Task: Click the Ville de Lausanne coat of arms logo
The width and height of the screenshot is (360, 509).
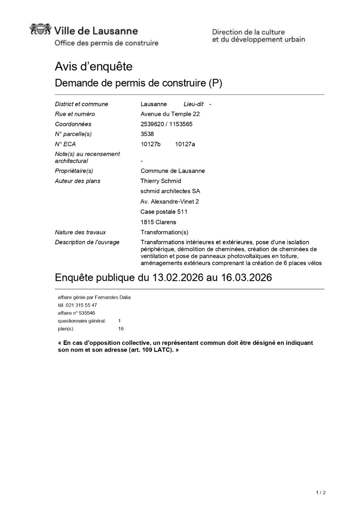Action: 40,30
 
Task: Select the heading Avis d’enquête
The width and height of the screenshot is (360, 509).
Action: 94,66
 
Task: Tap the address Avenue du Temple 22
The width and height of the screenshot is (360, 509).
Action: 170,114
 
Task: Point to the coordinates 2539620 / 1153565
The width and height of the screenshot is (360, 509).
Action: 166,124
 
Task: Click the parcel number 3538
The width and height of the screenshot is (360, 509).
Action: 147,134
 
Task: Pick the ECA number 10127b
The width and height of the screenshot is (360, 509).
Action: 150,144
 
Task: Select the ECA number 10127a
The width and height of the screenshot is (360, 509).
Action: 185,144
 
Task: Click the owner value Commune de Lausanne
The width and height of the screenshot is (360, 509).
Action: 173,171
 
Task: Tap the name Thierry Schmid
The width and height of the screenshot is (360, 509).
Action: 161,181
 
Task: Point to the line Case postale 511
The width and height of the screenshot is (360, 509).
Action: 164,212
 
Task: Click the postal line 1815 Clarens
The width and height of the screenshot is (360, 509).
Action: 158,222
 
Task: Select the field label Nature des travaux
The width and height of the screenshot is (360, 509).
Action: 80,232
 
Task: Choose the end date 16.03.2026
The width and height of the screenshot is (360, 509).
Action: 246,277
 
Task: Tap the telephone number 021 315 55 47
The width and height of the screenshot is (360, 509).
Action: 81,305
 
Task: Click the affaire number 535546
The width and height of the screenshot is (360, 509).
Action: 87,313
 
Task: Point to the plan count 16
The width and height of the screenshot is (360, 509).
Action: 121,329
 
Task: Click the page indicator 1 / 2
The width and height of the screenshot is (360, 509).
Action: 321,493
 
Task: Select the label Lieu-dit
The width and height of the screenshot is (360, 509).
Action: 193,104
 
